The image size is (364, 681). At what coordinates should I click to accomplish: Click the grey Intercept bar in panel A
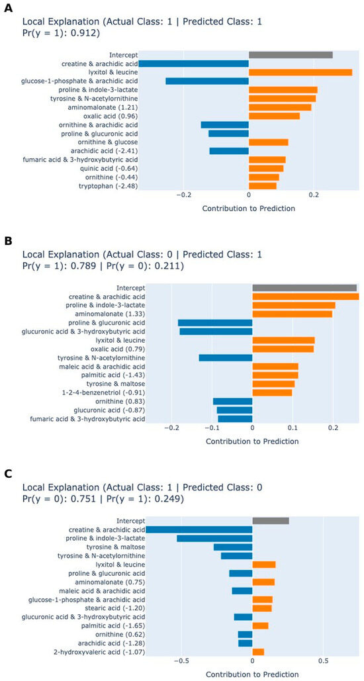pyautogui.click(x=291, y=55)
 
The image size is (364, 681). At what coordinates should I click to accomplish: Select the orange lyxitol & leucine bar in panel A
pyautogui.click(x=300, y=72)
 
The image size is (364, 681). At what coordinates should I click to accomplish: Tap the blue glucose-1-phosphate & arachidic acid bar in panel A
pyautogui.click(x=207, y=81)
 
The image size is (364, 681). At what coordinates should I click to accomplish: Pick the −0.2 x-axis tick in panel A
pyautogui.click(x=184, y=196)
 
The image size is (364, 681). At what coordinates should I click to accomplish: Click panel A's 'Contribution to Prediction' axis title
pyautogui.click(x=249, y=208)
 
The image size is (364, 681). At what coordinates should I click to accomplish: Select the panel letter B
pyautogui.click(x=7, y=242)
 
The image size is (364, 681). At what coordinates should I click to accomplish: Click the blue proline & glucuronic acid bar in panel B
pyautogui.click(x=215, y=323)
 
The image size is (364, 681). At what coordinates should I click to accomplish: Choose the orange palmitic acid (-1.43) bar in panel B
pyautogui.click(x=275, y=375)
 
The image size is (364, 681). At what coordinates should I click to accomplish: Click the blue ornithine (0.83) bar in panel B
pyautogui.click(x=232, y=401)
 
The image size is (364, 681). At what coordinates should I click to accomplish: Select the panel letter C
pyautogui.click(x=7, y=475)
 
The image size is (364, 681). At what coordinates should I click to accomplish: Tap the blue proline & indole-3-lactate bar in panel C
pyautogui.click(x=214, y=539)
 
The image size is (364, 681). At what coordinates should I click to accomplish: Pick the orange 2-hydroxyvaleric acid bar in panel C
pyautogui.click(x=258, y=652)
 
